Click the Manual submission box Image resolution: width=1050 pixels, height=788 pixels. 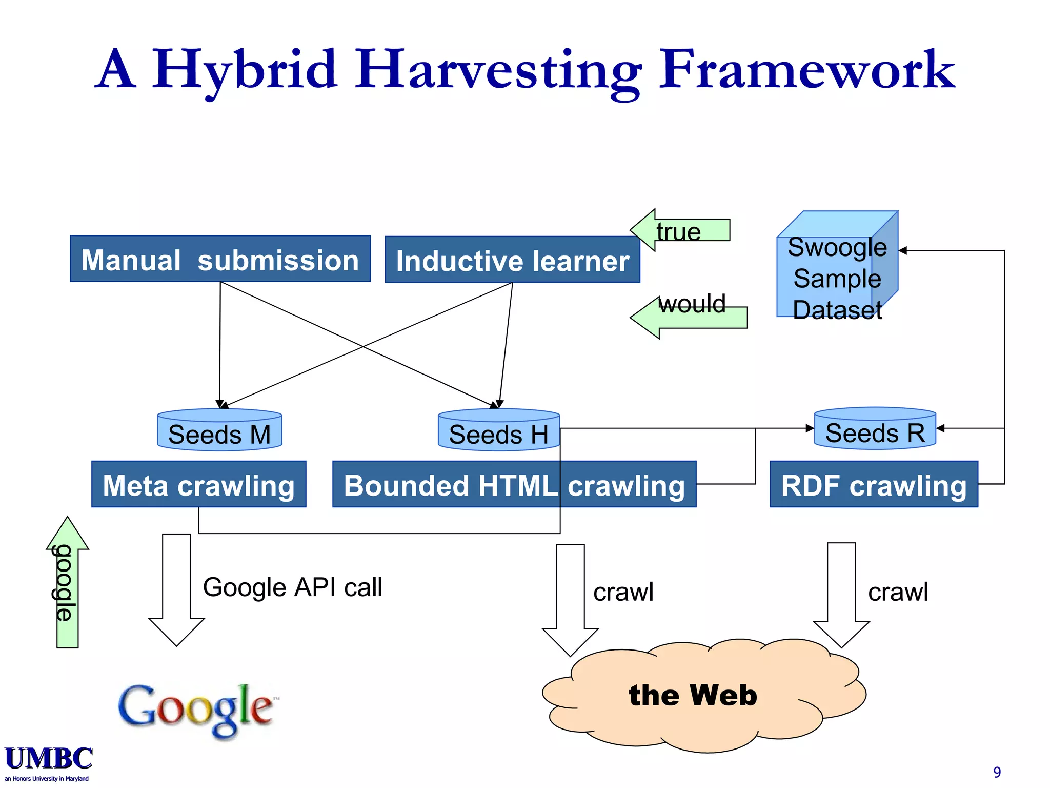[x=220, y=259]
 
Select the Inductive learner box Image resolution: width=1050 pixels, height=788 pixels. [x=512, y=260]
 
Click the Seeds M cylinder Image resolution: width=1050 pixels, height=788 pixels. [x=219, y=430]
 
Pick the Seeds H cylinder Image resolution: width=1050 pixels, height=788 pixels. [x=498, y=430]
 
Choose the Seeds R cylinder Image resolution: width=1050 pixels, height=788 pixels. [x=875, y=429]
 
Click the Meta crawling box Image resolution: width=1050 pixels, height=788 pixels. [x=199, y=484]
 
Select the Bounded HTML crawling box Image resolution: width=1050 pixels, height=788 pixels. [x=514, y=484]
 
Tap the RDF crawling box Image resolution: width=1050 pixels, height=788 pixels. [x=874, y=484]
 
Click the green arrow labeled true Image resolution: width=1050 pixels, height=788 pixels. [x=679, y=230]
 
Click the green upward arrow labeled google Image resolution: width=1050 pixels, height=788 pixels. [x=67, y=583]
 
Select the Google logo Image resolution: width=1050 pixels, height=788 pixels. [x=196, y=710]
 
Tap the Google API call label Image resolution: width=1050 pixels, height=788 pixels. [x=292, y=587]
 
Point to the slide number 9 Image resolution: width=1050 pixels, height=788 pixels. [x=997, y=772]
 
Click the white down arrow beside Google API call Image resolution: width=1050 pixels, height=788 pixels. [x=176, y=590]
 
